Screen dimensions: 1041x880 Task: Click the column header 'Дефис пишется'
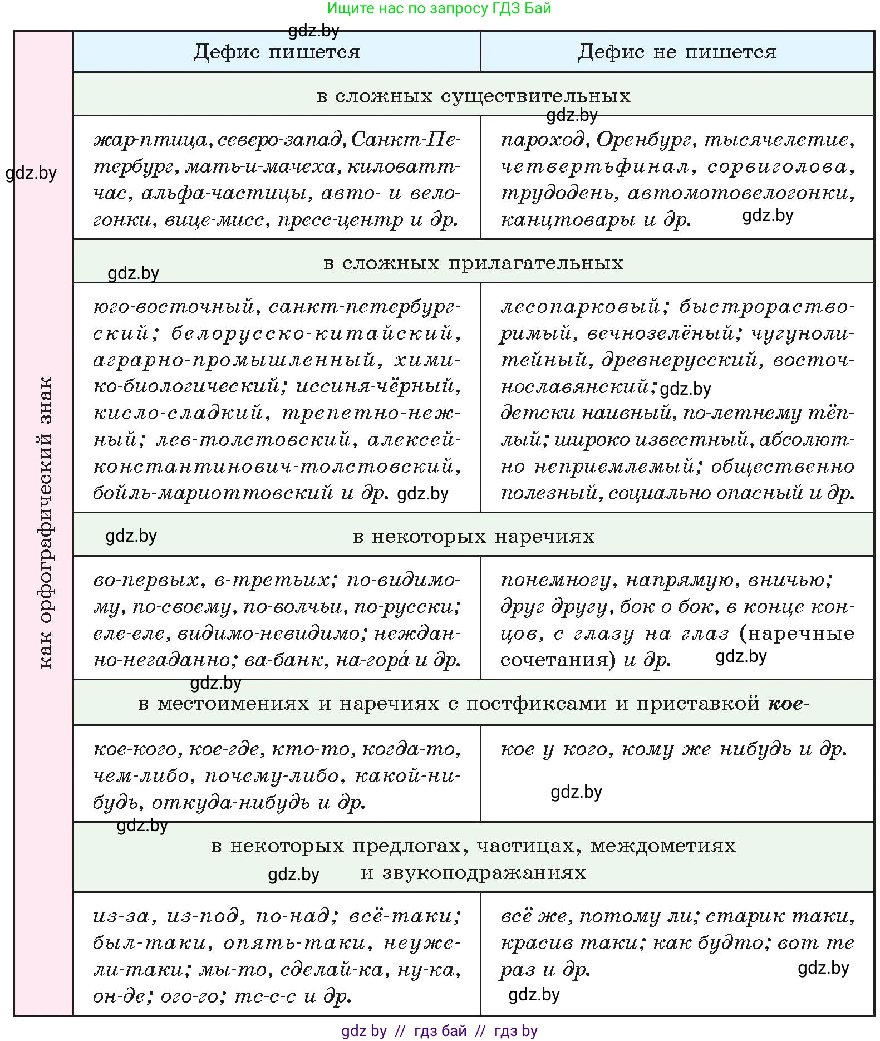click(x=277, y=52)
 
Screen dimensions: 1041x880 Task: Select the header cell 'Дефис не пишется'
click(x=676, y=52)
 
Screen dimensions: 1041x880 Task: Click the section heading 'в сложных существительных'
click(x=473, y=96)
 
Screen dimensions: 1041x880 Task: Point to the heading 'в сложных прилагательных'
click(x=473, y=263)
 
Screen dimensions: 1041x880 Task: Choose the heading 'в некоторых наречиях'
click(x=473, y=536)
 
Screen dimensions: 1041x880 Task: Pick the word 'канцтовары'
click(x=568, y=220)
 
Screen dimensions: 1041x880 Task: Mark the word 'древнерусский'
click(x=679, y=360)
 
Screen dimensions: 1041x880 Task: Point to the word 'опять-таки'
click(x=295, y=943)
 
